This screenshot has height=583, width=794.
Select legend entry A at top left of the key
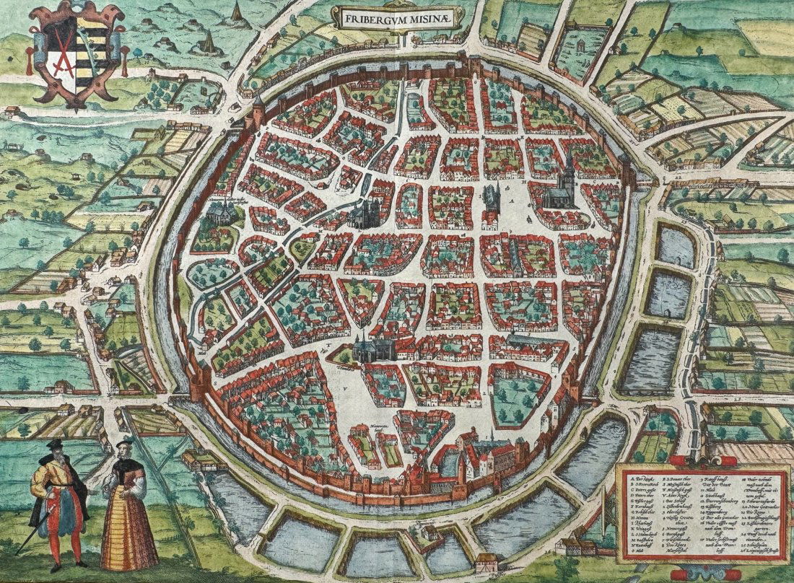tap(631, 478)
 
